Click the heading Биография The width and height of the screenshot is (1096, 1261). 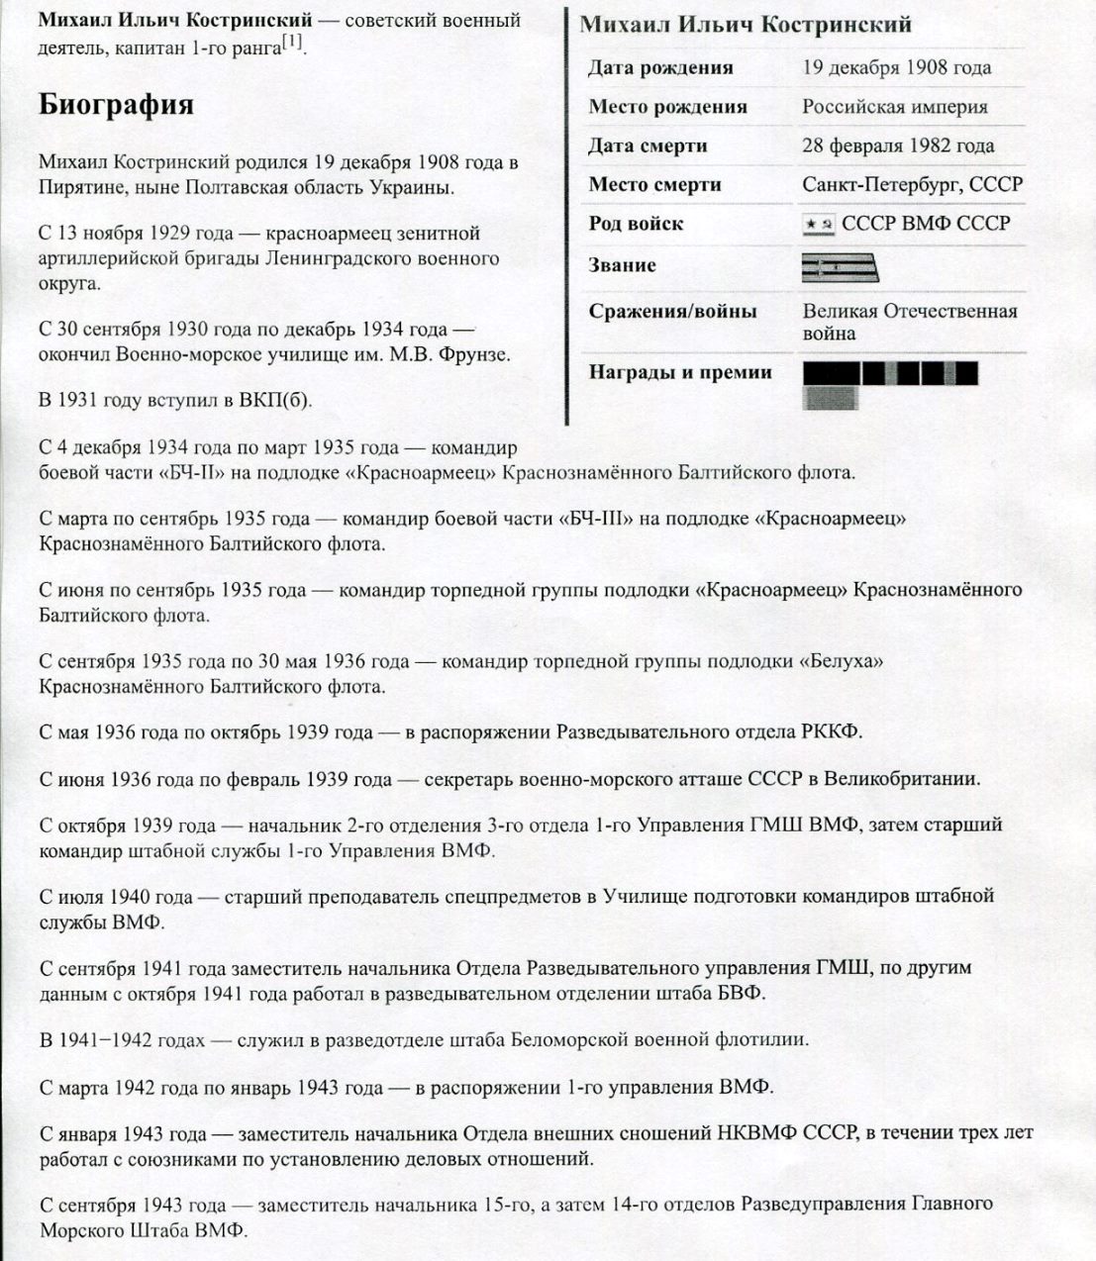(116, 106)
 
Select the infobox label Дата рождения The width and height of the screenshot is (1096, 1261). (660, 68)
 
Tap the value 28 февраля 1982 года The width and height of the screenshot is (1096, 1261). (898, 145)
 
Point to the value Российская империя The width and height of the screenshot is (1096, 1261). (895, 107)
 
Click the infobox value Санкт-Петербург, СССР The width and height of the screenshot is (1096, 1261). (912, 184)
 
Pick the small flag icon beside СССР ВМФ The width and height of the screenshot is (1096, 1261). (818, 225)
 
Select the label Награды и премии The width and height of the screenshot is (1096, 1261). (680, 372)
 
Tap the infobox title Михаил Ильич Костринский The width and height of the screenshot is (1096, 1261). (746, 25)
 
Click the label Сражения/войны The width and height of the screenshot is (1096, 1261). (672, 312)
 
